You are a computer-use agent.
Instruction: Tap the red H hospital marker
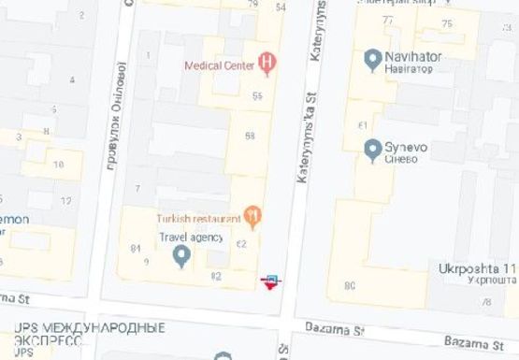tap(267, 64)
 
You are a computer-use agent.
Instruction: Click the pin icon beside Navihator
tap(371, 59)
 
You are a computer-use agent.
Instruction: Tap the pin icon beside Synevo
tap(371, 149)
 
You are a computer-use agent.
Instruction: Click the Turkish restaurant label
tap(198, 218)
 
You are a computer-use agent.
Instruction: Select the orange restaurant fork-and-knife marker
tap(252, 218)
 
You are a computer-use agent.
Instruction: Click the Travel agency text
tap(191, 237)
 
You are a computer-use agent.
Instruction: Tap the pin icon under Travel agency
tap(182, 256)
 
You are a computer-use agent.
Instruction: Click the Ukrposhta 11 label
tap(477, 268)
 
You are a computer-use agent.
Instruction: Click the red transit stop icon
tap(271, 281)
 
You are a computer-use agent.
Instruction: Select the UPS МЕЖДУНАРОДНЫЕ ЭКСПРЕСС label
tap(90, 334)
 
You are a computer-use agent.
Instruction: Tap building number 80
tap(349, 285)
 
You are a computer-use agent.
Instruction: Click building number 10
tap(59, 165)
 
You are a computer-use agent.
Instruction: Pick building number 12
tap(65, 201)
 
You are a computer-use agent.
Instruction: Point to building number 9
tap(146, 261)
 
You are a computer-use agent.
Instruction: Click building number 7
tap(137, 189)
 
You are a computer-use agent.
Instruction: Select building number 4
tap(72, 79)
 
